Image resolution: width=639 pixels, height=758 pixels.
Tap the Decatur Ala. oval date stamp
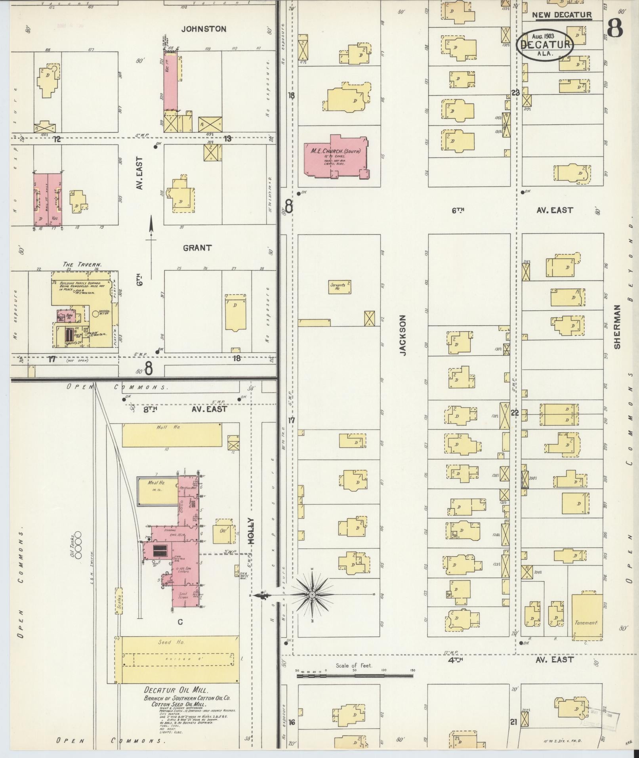click(x=545, y=44)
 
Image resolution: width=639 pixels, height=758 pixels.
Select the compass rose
click(x=312, y=595)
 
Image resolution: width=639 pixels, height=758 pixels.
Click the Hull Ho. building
click(x=172, y=435)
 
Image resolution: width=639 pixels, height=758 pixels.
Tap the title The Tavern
click(x=82, y=264)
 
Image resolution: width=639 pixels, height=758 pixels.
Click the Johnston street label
click(x=204, y=29)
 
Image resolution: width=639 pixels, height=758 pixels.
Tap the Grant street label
click(x=197, y=248)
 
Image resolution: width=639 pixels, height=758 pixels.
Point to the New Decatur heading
click(x=562, y=15)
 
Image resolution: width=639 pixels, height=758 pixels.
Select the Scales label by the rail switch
click(x=118, y=603)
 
